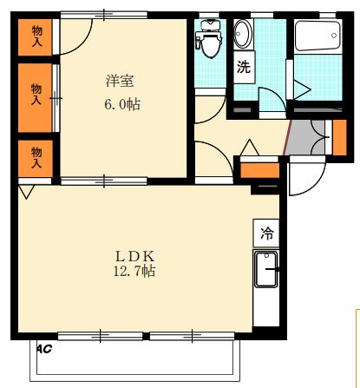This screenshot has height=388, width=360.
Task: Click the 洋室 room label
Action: click(x=120, y=82)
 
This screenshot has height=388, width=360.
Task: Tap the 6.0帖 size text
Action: click(x=121, y=104)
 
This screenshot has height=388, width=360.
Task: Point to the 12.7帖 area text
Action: click(x=135, y=272)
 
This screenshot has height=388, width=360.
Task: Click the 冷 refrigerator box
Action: click(x=267, y=233)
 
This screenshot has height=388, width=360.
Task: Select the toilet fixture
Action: click(x=208, y=38)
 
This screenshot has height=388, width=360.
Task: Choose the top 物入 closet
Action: click(x=36, y=36)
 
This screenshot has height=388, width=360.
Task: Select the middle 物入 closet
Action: click(x=36, y=94)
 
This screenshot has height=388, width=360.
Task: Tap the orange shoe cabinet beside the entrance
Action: click(x=338, y=136)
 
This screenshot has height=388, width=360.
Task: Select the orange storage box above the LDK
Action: click(x=258, y=168)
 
